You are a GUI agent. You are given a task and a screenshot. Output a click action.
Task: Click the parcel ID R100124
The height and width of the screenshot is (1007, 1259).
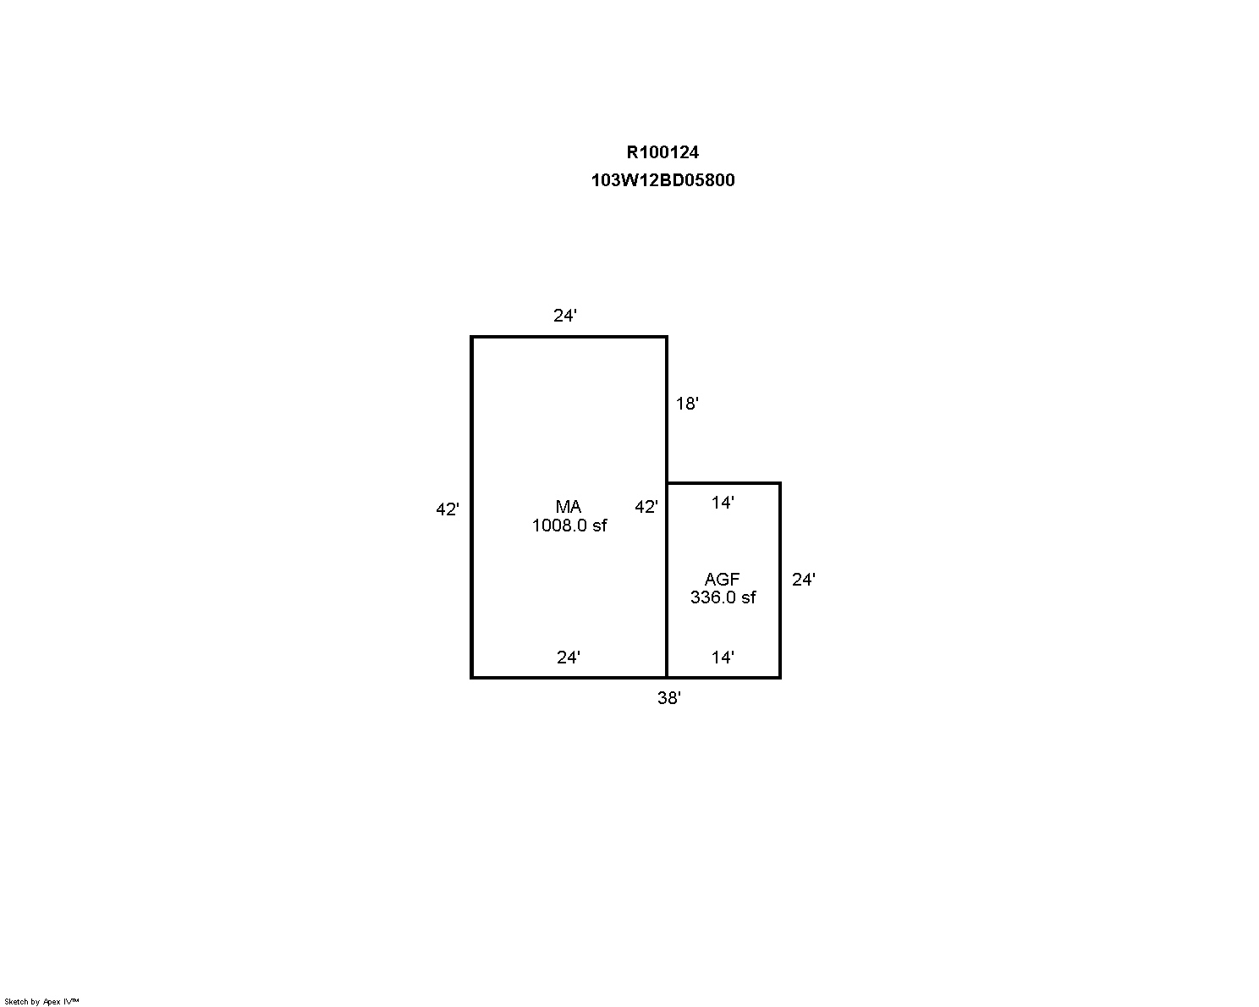click(x=662, y=152)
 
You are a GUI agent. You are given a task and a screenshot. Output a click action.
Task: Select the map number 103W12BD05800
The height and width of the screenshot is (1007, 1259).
click(x=662, y=179)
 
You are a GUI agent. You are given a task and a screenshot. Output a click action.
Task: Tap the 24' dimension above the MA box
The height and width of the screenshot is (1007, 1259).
click(x=565, y=316)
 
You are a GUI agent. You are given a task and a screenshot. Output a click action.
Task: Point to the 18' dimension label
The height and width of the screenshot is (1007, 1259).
click(x=687, y=403)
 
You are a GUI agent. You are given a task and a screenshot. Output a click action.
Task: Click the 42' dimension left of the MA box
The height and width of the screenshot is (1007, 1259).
click(x=448, y=509)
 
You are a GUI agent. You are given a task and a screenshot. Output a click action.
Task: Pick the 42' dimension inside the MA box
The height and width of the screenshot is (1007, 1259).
click(x=646, y=507)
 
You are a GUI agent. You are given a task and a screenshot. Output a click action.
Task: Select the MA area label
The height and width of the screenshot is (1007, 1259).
click(x=568, y=506)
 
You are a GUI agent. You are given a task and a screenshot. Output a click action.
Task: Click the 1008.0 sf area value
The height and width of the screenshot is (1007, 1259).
click(x=569, y=526)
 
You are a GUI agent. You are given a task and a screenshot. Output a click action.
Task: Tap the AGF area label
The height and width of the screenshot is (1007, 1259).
click(x=722, y=580)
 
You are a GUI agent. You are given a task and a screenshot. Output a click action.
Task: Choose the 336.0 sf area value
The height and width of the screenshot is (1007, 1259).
click(x=723, y=597)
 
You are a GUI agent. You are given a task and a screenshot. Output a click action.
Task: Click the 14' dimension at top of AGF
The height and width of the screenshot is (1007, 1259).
click(x=723, y=502)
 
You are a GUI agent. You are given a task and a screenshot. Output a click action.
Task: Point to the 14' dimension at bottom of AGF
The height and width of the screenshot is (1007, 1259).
click(x=723, y=658)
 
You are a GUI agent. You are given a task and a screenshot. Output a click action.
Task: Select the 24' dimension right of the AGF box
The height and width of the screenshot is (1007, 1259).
click(x=804, y=580)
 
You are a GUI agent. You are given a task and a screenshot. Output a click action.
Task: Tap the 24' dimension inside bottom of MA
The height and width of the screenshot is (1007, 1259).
click(x=568, y=658)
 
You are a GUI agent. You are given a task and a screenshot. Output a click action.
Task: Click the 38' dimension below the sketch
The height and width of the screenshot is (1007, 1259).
click(x=669, y=697)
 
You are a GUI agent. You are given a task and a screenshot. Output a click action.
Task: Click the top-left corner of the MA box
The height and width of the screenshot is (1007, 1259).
click(x=471, y=337)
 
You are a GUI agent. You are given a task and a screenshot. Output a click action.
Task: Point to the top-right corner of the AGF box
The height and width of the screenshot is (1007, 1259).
click(x=780, y=483)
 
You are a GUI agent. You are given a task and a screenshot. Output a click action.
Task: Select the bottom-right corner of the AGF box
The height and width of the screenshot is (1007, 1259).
click(x=780, y=678)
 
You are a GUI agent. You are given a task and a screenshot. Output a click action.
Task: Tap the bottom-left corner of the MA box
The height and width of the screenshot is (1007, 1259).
click(x=471, y=678)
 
